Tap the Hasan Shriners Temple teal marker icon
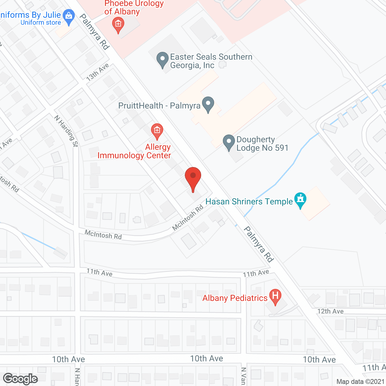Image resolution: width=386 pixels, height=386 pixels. pos(300,199)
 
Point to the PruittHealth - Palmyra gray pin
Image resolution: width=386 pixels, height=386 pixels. pos(208,104)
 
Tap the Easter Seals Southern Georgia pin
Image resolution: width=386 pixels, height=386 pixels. pos(163,59)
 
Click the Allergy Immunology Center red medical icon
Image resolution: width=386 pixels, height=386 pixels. pos(157,131)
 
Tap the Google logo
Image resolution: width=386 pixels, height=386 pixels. pos(21,379)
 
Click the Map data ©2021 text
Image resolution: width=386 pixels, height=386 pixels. pos(360,382)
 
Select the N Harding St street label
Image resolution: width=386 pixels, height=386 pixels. pos(66,131)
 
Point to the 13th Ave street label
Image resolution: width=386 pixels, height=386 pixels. pos(97,72)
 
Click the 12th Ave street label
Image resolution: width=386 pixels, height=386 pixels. pos(331,311)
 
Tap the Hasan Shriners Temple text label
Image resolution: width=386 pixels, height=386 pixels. pos(249,201)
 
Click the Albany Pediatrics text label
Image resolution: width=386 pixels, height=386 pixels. pos(235,298)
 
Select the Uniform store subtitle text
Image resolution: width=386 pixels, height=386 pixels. pos(41,23)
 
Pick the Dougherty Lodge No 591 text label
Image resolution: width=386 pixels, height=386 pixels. pos(262,144)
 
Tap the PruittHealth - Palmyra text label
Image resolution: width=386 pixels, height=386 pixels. pos(159,106)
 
